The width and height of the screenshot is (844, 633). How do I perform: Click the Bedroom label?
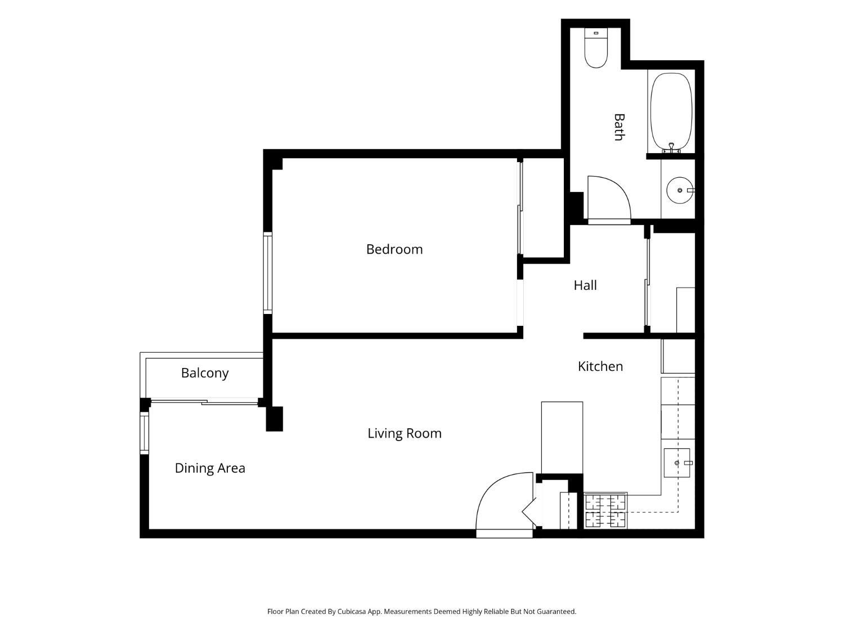[394, 249]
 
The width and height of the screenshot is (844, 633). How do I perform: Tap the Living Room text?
[405, 433]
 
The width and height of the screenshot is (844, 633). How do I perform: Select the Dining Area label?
[210, 469]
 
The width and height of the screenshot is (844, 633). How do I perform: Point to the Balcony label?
[205, 373]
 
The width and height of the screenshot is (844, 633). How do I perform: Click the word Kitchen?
[600, 366]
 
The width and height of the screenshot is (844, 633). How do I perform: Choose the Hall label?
[585, 285]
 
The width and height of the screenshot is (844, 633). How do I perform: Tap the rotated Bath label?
[619, 127]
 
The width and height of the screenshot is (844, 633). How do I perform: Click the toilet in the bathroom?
[596, 48]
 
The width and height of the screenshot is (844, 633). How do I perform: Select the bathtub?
[671, 112]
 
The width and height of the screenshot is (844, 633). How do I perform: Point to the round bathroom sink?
[680, 190]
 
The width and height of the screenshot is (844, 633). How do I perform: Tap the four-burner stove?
[605, 511]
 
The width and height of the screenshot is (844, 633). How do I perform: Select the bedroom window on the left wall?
[268, 273]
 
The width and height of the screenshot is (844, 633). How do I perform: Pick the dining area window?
[144, 433]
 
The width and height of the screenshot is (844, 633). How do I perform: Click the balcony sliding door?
[204, 402]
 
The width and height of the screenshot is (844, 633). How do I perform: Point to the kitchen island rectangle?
[562, 438]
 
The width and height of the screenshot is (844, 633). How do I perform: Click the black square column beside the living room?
[275, 419]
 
